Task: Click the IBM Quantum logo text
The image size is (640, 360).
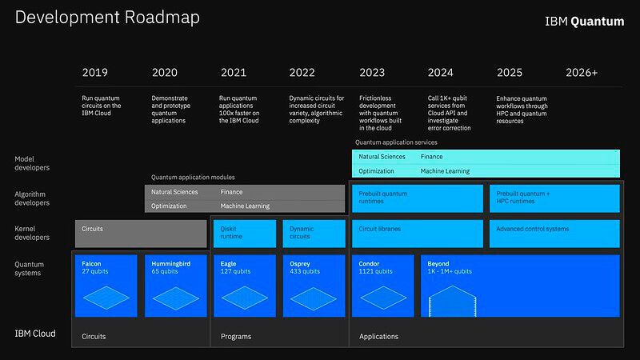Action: tap(584, 22)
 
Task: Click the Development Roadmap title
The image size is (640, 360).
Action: tap(108, 18)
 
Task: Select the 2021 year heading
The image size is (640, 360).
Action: tap(233, 73)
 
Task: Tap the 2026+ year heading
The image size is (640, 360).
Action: tap(582, 73)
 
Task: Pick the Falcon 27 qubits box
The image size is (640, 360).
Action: tap(106, 286)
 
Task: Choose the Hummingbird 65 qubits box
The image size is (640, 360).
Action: tap(176, 286)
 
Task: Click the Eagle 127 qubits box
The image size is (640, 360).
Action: tap(245, 286)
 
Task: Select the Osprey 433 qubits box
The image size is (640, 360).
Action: tap(314, 286)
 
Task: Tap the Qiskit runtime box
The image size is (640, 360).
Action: tap(245, 233)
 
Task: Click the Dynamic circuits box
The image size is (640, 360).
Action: tap(314, 233)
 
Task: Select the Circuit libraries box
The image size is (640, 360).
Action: tap(417, 233)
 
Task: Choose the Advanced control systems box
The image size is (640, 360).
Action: tap(554, 233)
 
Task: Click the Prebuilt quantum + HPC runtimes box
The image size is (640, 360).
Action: tap(554, 198)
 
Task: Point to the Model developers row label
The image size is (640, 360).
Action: tap(33, 163)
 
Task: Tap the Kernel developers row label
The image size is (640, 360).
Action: tap(33, 233)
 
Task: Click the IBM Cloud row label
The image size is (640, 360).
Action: tap(35, 334)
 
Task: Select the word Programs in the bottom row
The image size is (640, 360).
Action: tap(236, 337)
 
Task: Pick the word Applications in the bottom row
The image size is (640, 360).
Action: tap(378, 337)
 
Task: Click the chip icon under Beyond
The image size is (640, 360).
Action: tap(453, 302)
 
